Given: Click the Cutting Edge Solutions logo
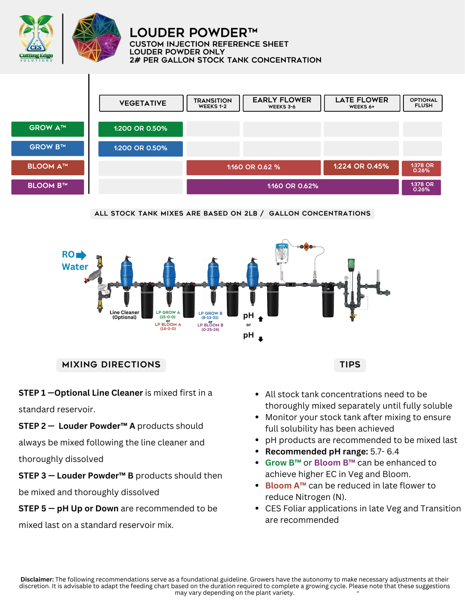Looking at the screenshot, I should pos(36,38).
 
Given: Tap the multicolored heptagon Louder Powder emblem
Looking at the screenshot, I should pos(96,37).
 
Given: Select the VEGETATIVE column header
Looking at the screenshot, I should pos(141,103).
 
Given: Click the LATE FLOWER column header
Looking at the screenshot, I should pos(362,103).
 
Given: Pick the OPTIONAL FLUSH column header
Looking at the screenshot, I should pos(423,103).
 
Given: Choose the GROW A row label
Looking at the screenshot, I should pos(48,129).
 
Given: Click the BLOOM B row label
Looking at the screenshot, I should pos(48,186).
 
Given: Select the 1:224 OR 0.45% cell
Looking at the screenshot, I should pos(361,167).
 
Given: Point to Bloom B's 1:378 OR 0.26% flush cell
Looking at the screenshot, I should pos(421,187).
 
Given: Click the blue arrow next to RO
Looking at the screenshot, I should pos(81,255).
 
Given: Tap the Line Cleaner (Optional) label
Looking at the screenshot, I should pos(124,315).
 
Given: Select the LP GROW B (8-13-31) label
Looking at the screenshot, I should pos(210,315).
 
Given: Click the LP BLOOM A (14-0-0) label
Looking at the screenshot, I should pos(168,327).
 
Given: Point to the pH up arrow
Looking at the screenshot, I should pos(261,319).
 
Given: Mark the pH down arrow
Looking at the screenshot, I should pos(261,339).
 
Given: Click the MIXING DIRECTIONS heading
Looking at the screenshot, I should pos(111,365).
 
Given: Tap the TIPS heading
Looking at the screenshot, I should pos(350,365).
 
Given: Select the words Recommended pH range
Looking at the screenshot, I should pos(316,452).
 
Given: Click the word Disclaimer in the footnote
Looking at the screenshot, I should pos(37,580).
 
